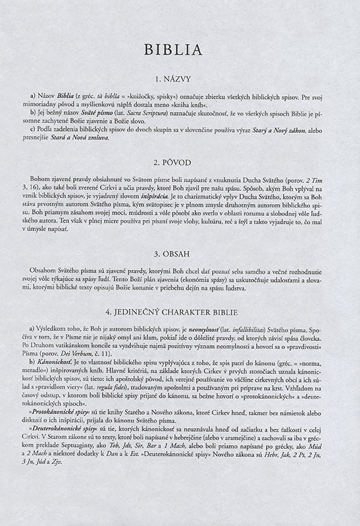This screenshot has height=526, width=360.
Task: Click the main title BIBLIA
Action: click(x=180, y=51)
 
